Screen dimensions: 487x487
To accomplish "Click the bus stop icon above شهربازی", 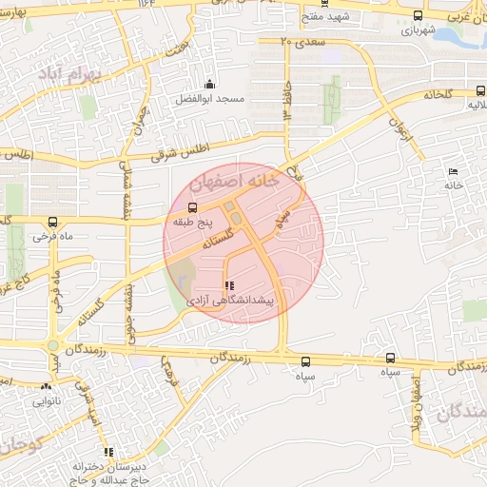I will pos(419,15).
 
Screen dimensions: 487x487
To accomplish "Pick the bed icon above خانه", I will pos(452,171).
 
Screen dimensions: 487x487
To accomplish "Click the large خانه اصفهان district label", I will pos(234,180).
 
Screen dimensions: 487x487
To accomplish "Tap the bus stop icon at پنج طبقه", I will pos(194,207).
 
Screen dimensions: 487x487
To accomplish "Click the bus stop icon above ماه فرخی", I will pos(39,218).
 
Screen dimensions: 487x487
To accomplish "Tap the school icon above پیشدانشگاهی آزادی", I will pos(228,285).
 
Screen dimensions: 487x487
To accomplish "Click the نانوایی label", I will pos(47,400).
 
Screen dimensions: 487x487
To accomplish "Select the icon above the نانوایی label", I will pos(47,386).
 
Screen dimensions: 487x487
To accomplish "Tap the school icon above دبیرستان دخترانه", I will pos(109,452).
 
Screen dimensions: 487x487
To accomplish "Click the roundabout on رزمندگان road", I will pos(52,346).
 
